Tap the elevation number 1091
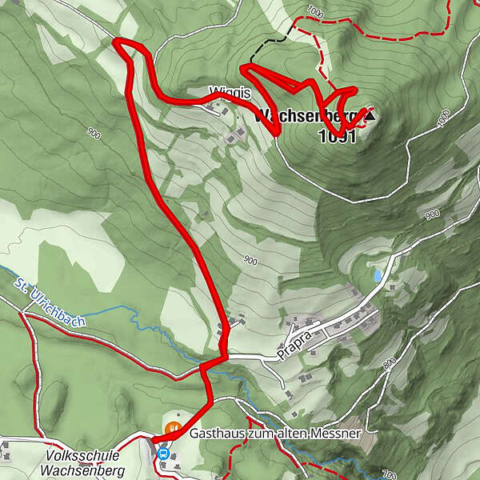(x=336, y=136)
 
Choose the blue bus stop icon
(x=163, y=454)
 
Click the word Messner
(x=338, y=433)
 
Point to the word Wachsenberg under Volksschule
(x=85, y=471)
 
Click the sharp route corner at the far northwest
(x=118, y=42)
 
